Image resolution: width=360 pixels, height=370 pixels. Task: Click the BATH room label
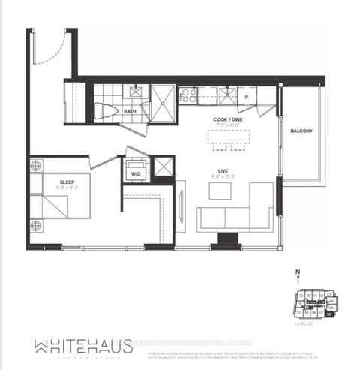pyautogui.click(x=130, y=113)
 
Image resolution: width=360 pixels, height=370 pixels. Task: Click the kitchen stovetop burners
pyautogui.click(x=187, y=95)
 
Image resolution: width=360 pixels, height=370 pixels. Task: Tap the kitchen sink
pyautogui.click(x=228, y=95)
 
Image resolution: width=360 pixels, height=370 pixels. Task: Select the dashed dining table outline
pyautogui.click(x=229, y=140)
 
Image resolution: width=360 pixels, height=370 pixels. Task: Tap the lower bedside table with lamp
pyautogui.click(x=35, y=225)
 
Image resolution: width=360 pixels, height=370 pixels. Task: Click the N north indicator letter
pyautogui.click(x=297, y=274)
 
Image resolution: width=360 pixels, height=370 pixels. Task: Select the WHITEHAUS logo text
pyautogui.click(x=82, y=345)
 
